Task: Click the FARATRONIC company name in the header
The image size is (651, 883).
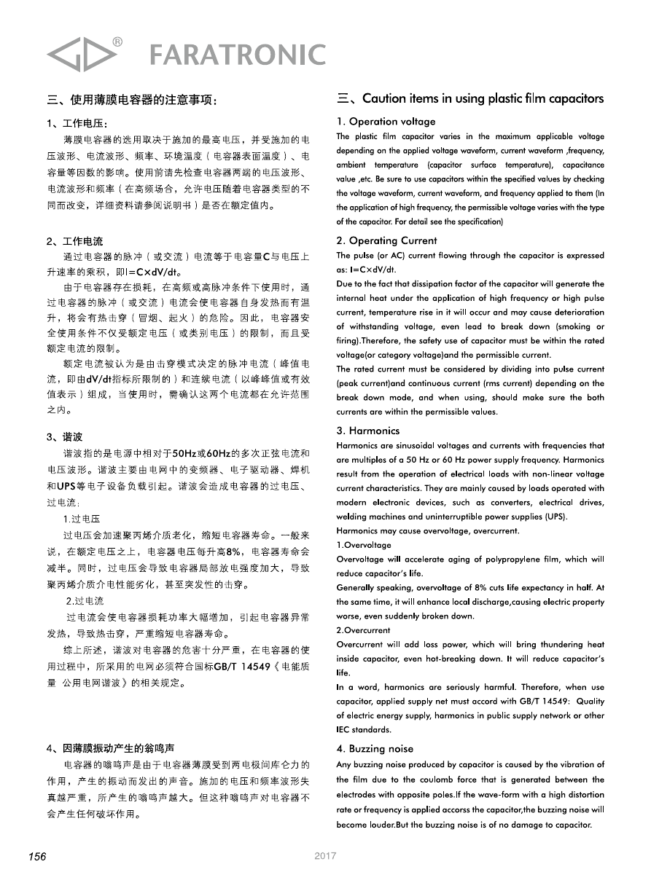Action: coord(237,54)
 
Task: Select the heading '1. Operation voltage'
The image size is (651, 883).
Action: coord(386,122)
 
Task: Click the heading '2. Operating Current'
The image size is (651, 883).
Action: coord(386,240)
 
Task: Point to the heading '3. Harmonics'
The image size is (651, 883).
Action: coord(368,431)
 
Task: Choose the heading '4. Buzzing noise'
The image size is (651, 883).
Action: coord(375,748)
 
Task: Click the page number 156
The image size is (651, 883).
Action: coord(37,857)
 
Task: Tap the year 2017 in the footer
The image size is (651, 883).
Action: coord(325,857)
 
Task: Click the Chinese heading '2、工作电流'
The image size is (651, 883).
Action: coord(75,241)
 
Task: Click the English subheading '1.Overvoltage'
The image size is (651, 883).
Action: coord(364,545)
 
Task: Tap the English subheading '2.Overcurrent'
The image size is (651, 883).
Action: coord(363,629)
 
